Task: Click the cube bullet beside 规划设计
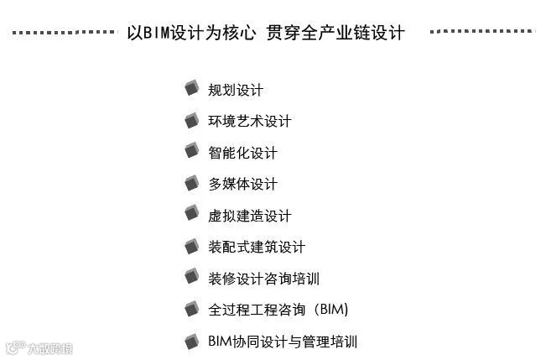coord(192,88)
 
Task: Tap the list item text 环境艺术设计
coord(249,121)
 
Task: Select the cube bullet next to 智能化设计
coord(192,151)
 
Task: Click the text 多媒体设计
coord(242,184)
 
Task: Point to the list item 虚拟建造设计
coord(249,216)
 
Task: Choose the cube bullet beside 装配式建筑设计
coord(192,245)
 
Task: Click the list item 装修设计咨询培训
coord(263,279)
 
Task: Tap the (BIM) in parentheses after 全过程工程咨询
coord(330,310)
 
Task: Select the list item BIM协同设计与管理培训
coord(282,342)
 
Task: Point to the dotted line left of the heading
coord(63,33)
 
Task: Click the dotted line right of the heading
coord(481,32)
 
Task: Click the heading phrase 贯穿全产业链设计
coord(335,33)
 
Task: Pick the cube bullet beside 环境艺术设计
coord(192,119)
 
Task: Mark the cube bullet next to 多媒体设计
coord(192,182)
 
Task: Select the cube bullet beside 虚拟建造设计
coord(192,214)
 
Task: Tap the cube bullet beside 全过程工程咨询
coord(192,308)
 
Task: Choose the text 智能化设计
coord(242,153)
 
